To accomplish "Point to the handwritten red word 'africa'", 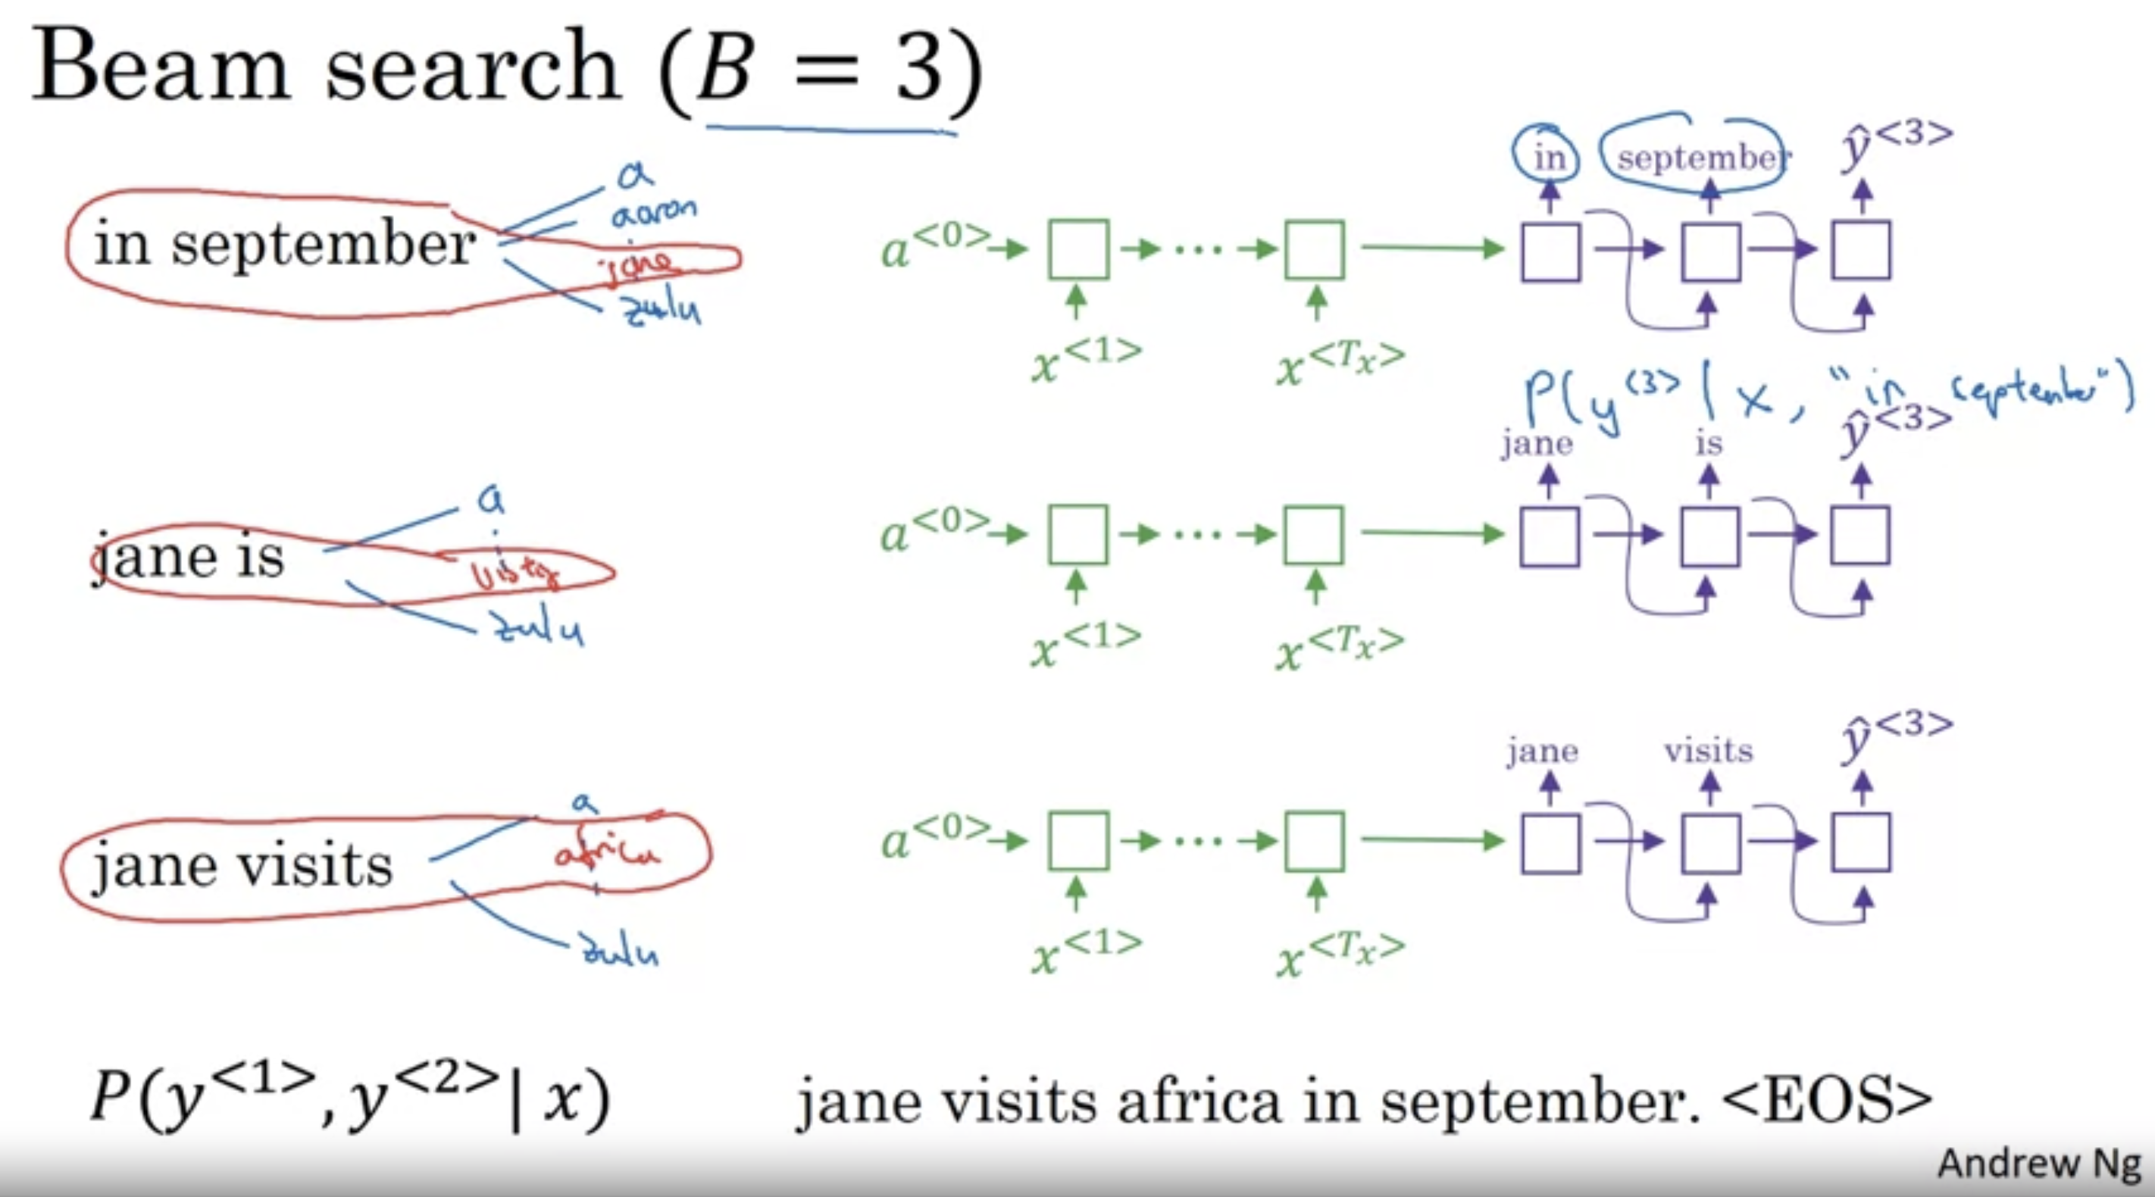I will click(606, 852).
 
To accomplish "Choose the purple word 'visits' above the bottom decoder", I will click(1707, 750).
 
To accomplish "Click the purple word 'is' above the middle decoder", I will click(1708, 443).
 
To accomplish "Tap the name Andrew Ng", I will click(2040, 1164).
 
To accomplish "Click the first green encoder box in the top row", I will click(1078, 249).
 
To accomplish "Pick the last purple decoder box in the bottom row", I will click(1861, 842).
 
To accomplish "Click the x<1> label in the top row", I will click(1086, 360).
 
